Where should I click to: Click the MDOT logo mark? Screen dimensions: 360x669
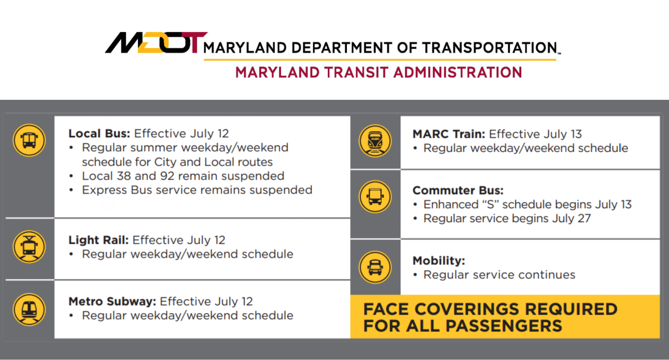pyautogui.click(x=156, y=43)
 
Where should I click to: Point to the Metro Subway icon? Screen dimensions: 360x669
pyautogui.click(x=29, y=309)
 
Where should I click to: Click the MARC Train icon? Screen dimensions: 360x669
pyautogui.click(x=375, y=140)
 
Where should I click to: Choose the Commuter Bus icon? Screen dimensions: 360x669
pyautogui.click(x=375, y=196)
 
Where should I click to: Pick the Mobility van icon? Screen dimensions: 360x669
pyautogui.click(x=375, y=267)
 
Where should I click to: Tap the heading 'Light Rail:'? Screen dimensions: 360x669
pyautogui.click(x=99, y=240)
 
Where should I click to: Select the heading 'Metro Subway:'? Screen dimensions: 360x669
pyautogui.click(x=113, y=301)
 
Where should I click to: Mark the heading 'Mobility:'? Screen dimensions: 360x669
pyautogui.click(x=438, y=261)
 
